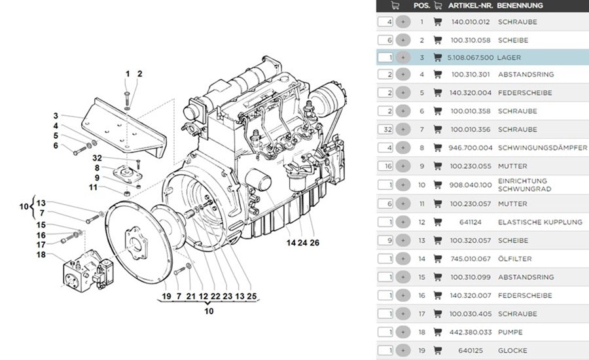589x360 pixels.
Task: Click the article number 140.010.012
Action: tap(471, 22)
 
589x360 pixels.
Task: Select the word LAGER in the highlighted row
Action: tap(509, 58)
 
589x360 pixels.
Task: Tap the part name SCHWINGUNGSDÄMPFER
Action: tap(542, 148)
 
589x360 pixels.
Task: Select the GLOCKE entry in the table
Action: tap(512, 351)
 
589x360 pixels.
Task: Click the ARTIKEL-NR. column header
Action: tap(470, 5)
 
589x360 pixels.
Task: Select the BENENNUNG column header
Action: tap(520, 5)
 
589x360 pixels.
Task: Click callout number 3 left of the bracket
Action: tap(56, 116)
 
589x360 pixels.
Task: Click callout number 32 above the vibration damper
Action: tap(97, 158)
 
